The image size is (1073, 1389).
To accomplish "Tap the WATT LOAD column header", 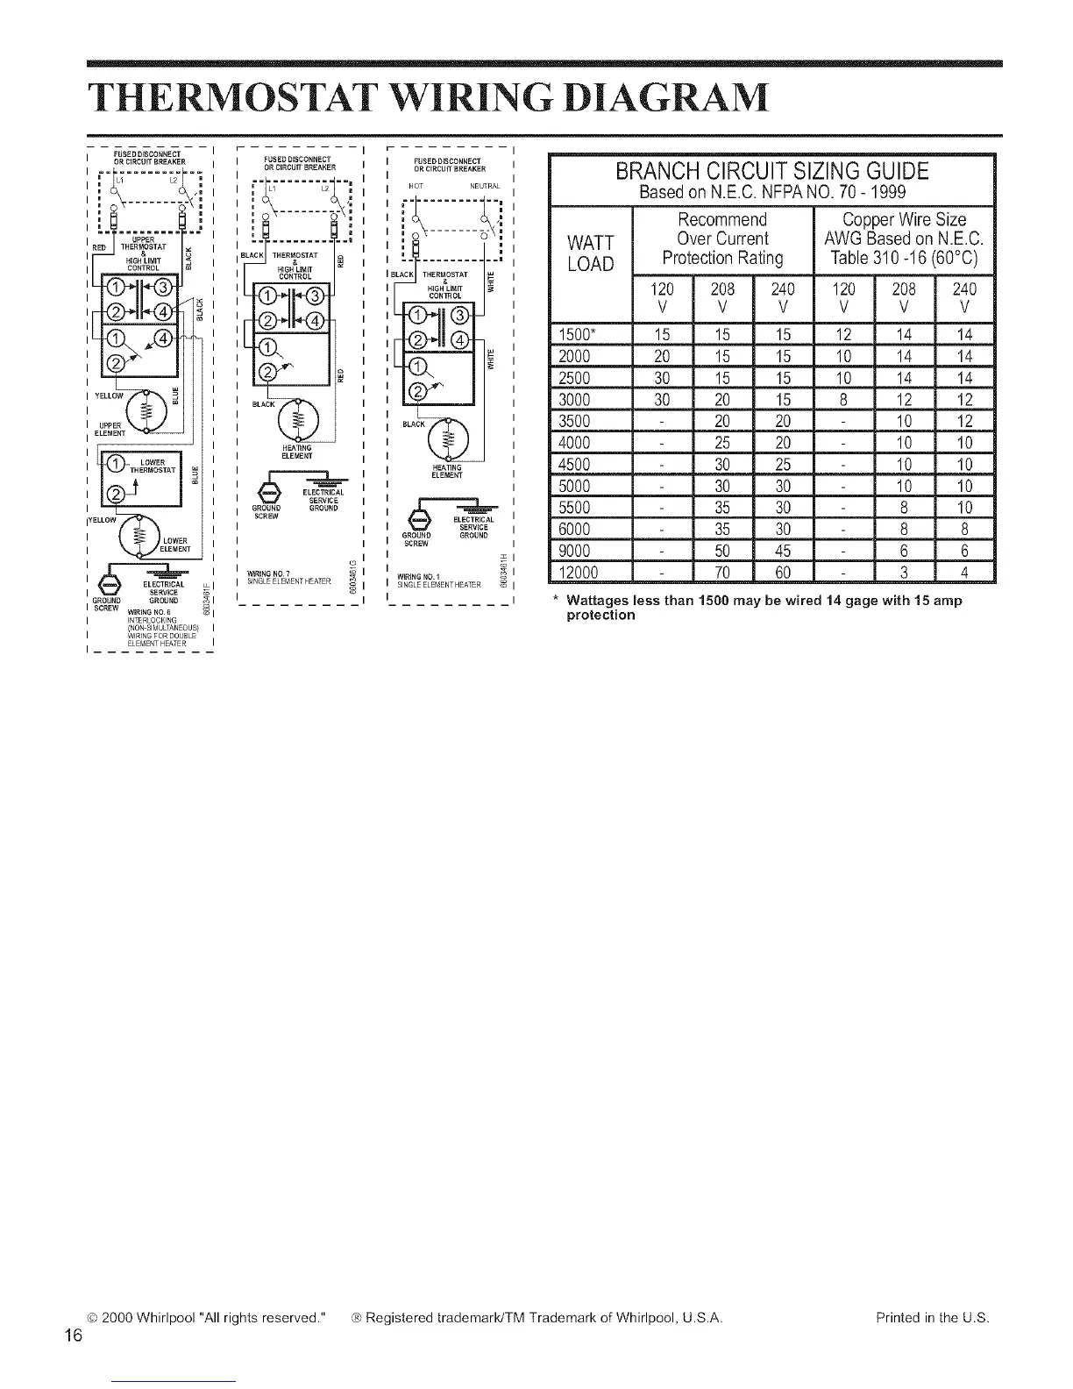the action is coord(590,252).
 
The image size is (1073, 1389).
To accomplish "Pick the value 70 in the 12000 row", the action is coord(722,573).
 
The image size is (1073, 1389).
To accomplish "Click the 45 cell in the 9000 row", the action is coord(783,551).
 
